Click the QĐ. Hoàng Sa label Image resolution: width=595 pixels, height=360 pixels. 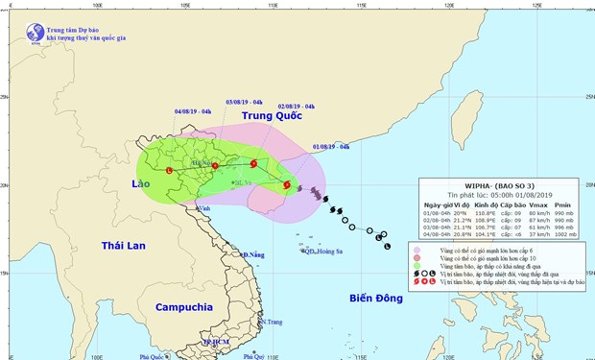[x=322, y=252]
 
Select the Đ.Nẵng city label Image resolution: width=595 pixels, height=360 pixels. [x=253, y=255]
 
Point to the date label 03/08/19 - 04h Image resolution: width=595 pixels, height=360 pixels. [x=243, y=101]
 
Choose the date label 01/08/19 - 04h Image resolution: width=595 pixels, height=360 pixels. [x=330, y=147]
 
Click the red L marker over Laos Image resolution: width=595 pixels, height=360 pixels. [x=169, y=171]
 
